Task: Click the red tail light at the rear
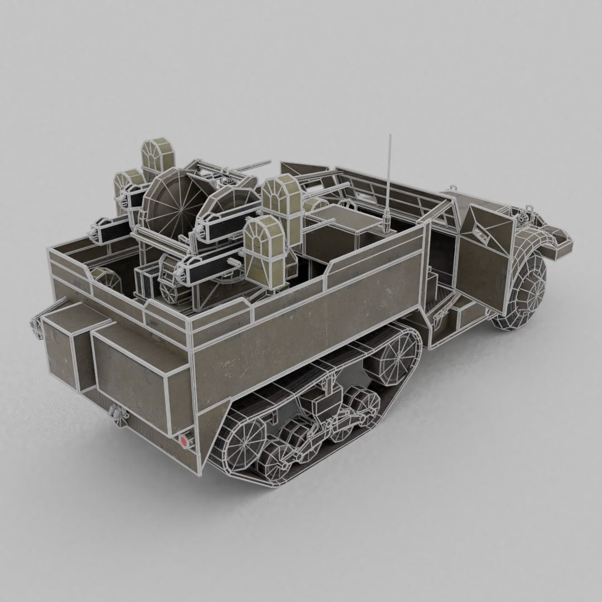point(185,440)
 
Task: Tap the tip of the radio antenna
point(390,135)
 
